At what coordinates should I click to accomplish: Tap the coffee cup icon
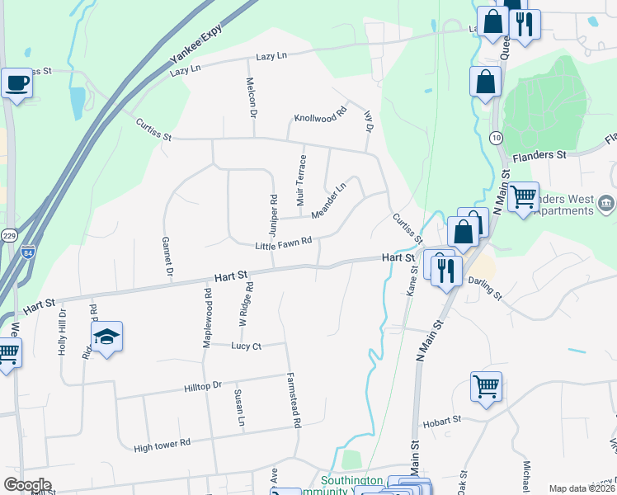pyautogui.click(x=16, y=83)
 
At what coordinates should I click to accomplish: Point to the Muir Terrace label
pyautogui.click(x=301, y=181)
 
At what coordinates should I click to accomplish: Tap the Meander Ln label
pyautogui.click(x=329, y=202)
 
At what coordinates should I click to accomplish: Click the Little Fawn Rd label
pyautogui.click(x=283, y=243)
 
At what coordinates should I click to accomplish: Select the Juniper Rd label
pyautogui.click(x=273, y=212)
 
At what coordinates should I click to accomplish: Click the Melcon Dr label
pyautogui.click(x=252, y=97)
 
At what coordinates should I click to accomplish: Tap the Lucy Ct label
pyautogui.click(x=246, y=346)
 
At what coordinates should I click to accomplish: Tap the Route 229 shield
pyautogui.click(x=8, y=235)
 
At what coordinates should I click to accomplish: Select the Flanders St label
pyautogui.click(x=539, y=154)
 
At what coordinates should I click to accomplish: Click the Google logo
pyautogui.click(x=27, y=484)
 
